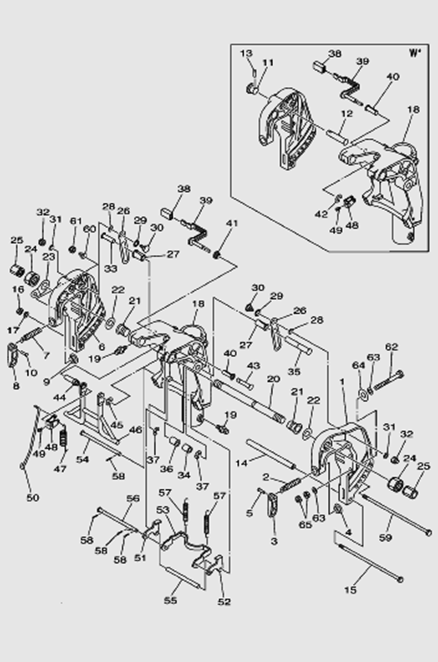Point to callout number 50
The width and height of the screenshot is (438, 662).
coord(32,498)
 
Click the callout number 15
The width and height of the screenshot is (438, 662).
coord(351,590)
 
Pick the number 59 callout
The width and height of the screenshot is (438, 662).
coord(386,537)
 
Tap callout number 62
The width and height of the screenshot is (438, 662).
coord(391,347)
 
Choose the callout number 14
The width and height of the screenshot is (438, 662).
coord(241,463)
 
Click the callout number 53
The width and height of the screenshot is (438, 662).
coord(162,510)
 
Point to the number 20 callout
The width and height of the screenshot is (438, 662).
coord(273,379)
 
